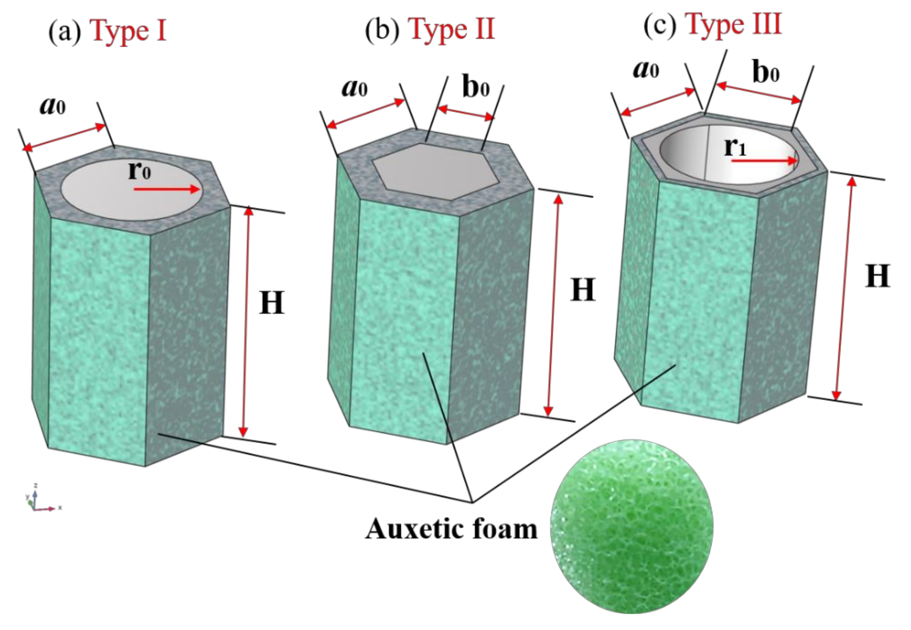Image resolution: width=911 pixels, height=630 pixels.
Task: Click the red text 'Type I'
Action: pyautogui.click(x=129, y=32)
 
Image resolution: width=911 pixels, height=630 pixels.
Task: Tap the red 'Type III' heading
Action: pyautogui.click(x=734, y=24)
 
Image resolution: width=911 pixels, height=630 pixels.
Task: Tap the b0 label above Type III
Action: pyautogui.click(x=766, y=73)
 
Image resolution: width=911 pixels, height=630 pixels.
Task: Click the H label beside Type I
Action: pyautogui.click(x=271, y=303)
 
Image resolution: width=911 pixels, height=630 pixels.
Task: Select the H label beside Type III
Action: pyautogui.click(x=878, y=277)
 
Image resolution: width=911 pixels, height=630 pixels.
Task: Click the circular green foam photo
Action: pyautogui.click(x=631, y=529)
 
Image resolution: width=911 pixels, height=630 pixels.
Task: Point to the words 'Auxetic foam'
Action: pyautogui.click(x=451, y=529)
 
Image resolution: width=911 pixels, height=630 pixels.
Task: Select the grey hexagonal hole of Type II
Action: pyautogui.click(x=434, y=172)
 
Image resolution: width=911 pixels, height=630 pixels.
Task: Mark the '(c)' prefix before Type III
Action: pyautogui.click(x=660, y=26)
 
